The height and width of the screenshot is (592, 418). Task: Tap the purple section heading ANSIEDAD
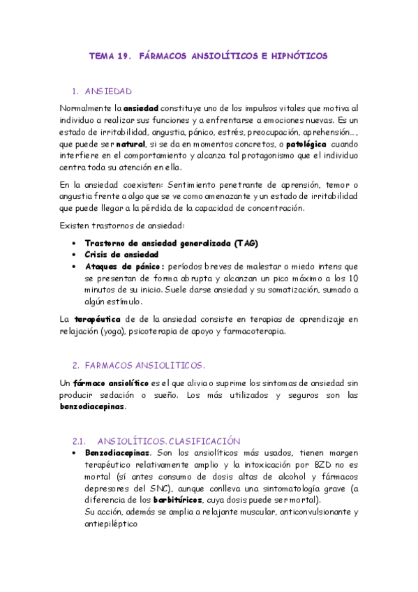click(108, 91)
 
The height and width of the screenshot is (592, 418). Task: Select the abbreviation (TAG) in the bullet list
click(246, 243)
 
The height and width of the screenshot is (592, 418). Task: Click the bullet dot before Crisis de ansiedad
click(75, 255)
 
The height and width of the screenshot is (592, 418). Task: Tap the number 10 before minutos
click(352, 278)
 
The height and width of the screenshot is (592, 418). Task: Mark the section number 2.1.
click(79, 441)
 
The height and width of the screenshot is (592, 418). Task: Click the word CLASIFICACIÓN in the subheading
click(204, 441)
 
